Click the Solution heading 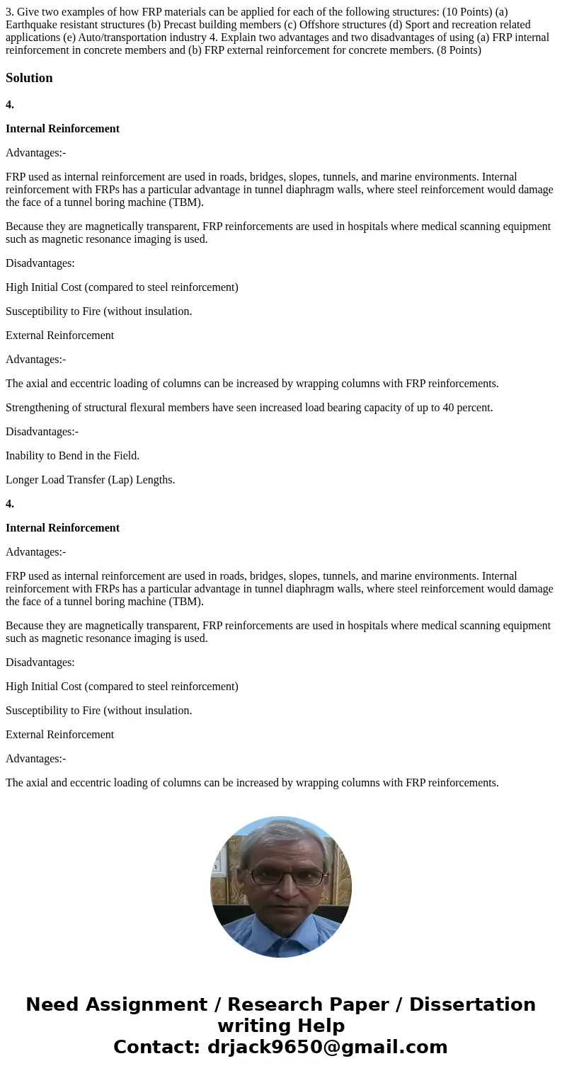[29, 78]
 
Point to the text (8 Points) [456, 50]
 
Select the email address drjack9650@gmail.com [327, 1048]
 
